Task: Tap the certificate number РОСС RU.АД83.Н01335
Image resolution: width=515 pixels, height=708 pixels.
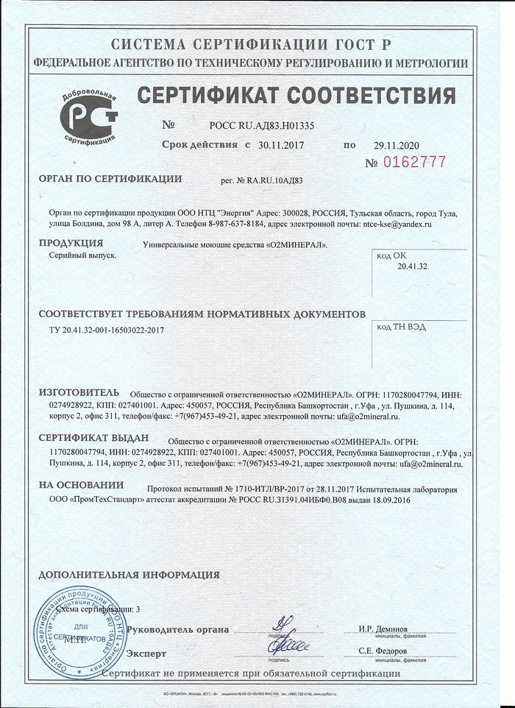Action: [262, 126]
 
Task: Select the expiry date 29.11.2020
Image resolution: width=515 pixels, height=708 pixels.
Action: [394, 145]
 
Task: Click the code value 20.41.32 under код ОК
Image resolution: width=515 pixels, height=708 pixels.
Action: [411, 266]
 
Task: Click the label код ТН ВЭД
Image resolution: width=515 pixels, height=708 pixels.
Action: [400, 326]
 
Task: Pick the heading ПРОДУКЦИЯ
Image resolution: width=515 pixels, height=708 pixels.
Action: [71, 243]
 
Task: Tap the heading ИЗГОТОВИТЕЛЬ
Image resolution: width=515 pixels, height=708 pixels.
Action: [78, 392]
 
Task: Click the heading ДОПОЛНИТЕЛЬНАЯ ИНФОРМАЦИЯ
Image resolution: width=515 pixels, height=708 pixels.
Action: [129, 575]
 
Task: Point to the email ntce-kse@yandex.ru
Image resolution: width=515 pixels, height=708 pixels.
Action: [397, 223]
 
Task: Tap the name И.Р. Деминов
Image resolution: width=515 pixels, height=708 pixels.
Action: [383, 629]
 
